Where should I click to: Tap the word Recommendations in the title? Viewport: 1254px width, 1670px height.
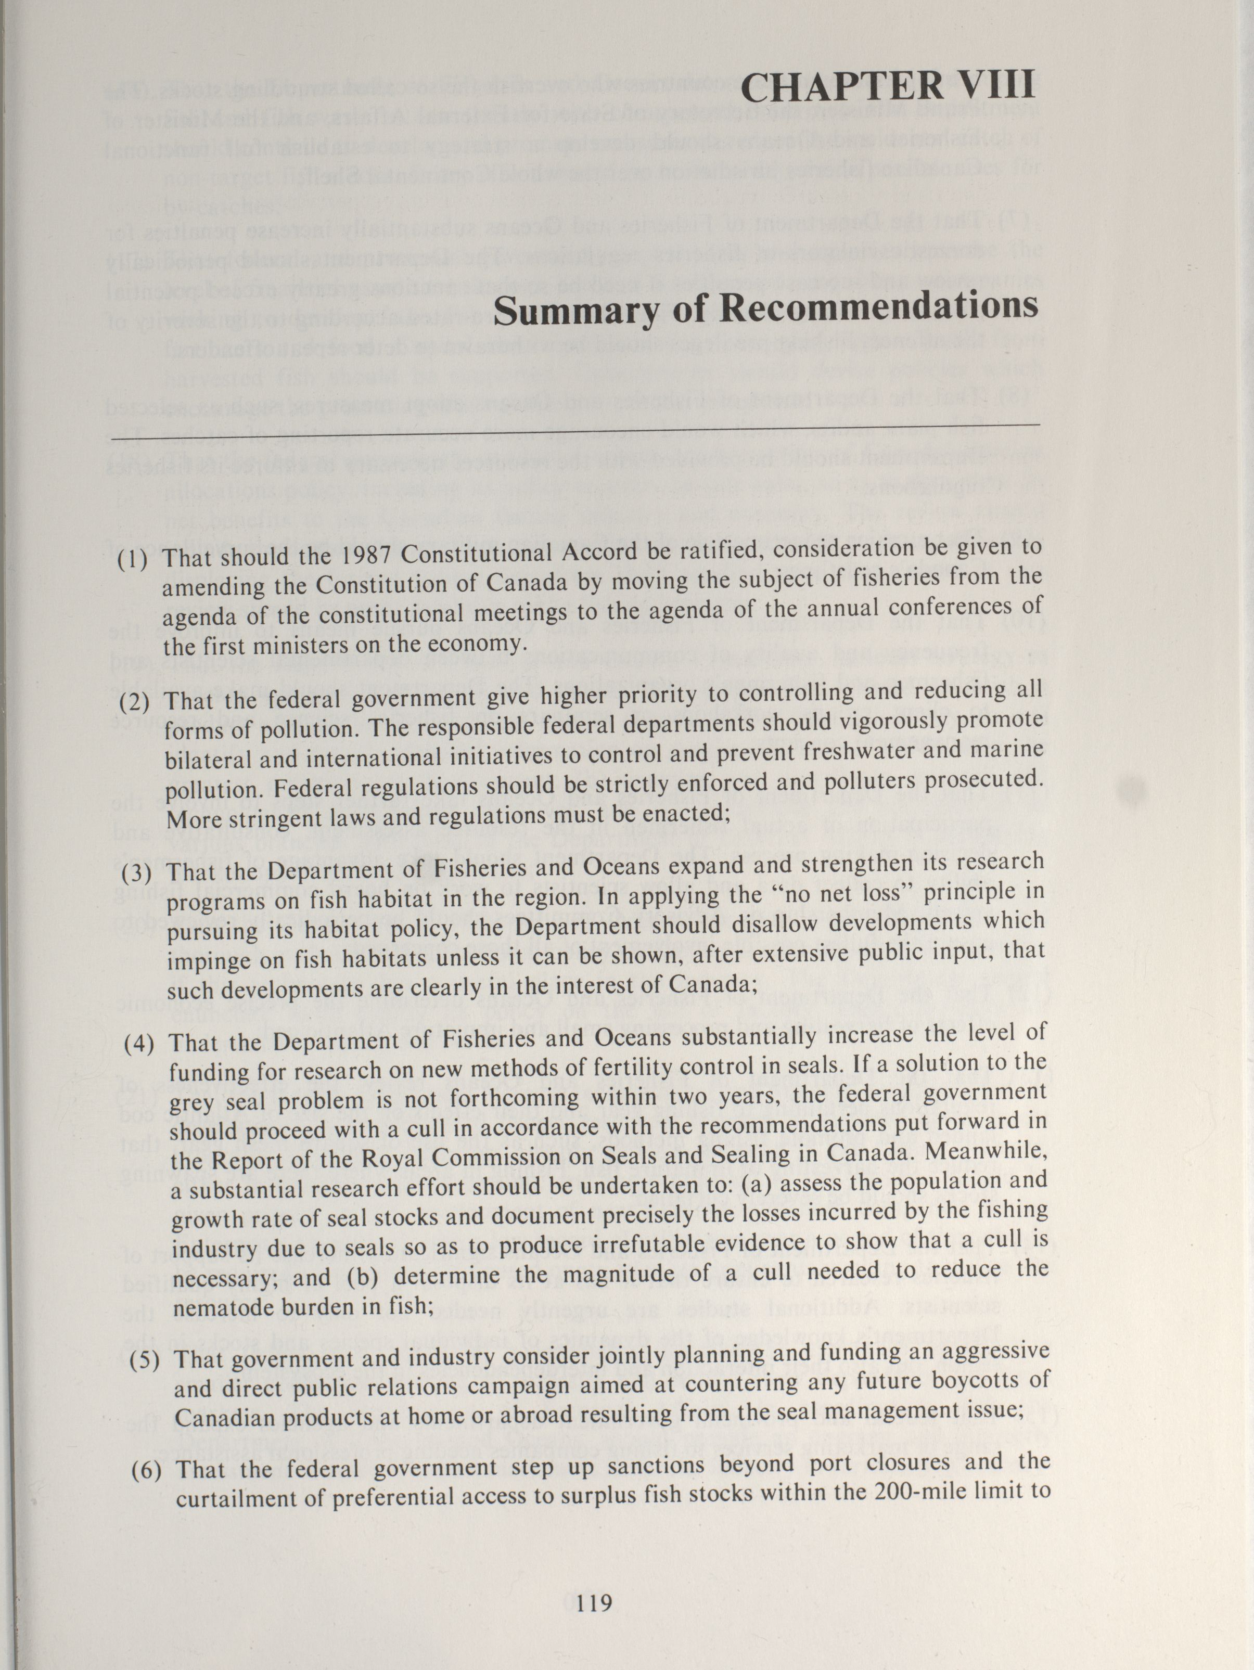tap(878, 307)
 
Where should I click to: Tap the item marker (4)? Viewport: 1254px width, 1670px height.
tap(140, 1045)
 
